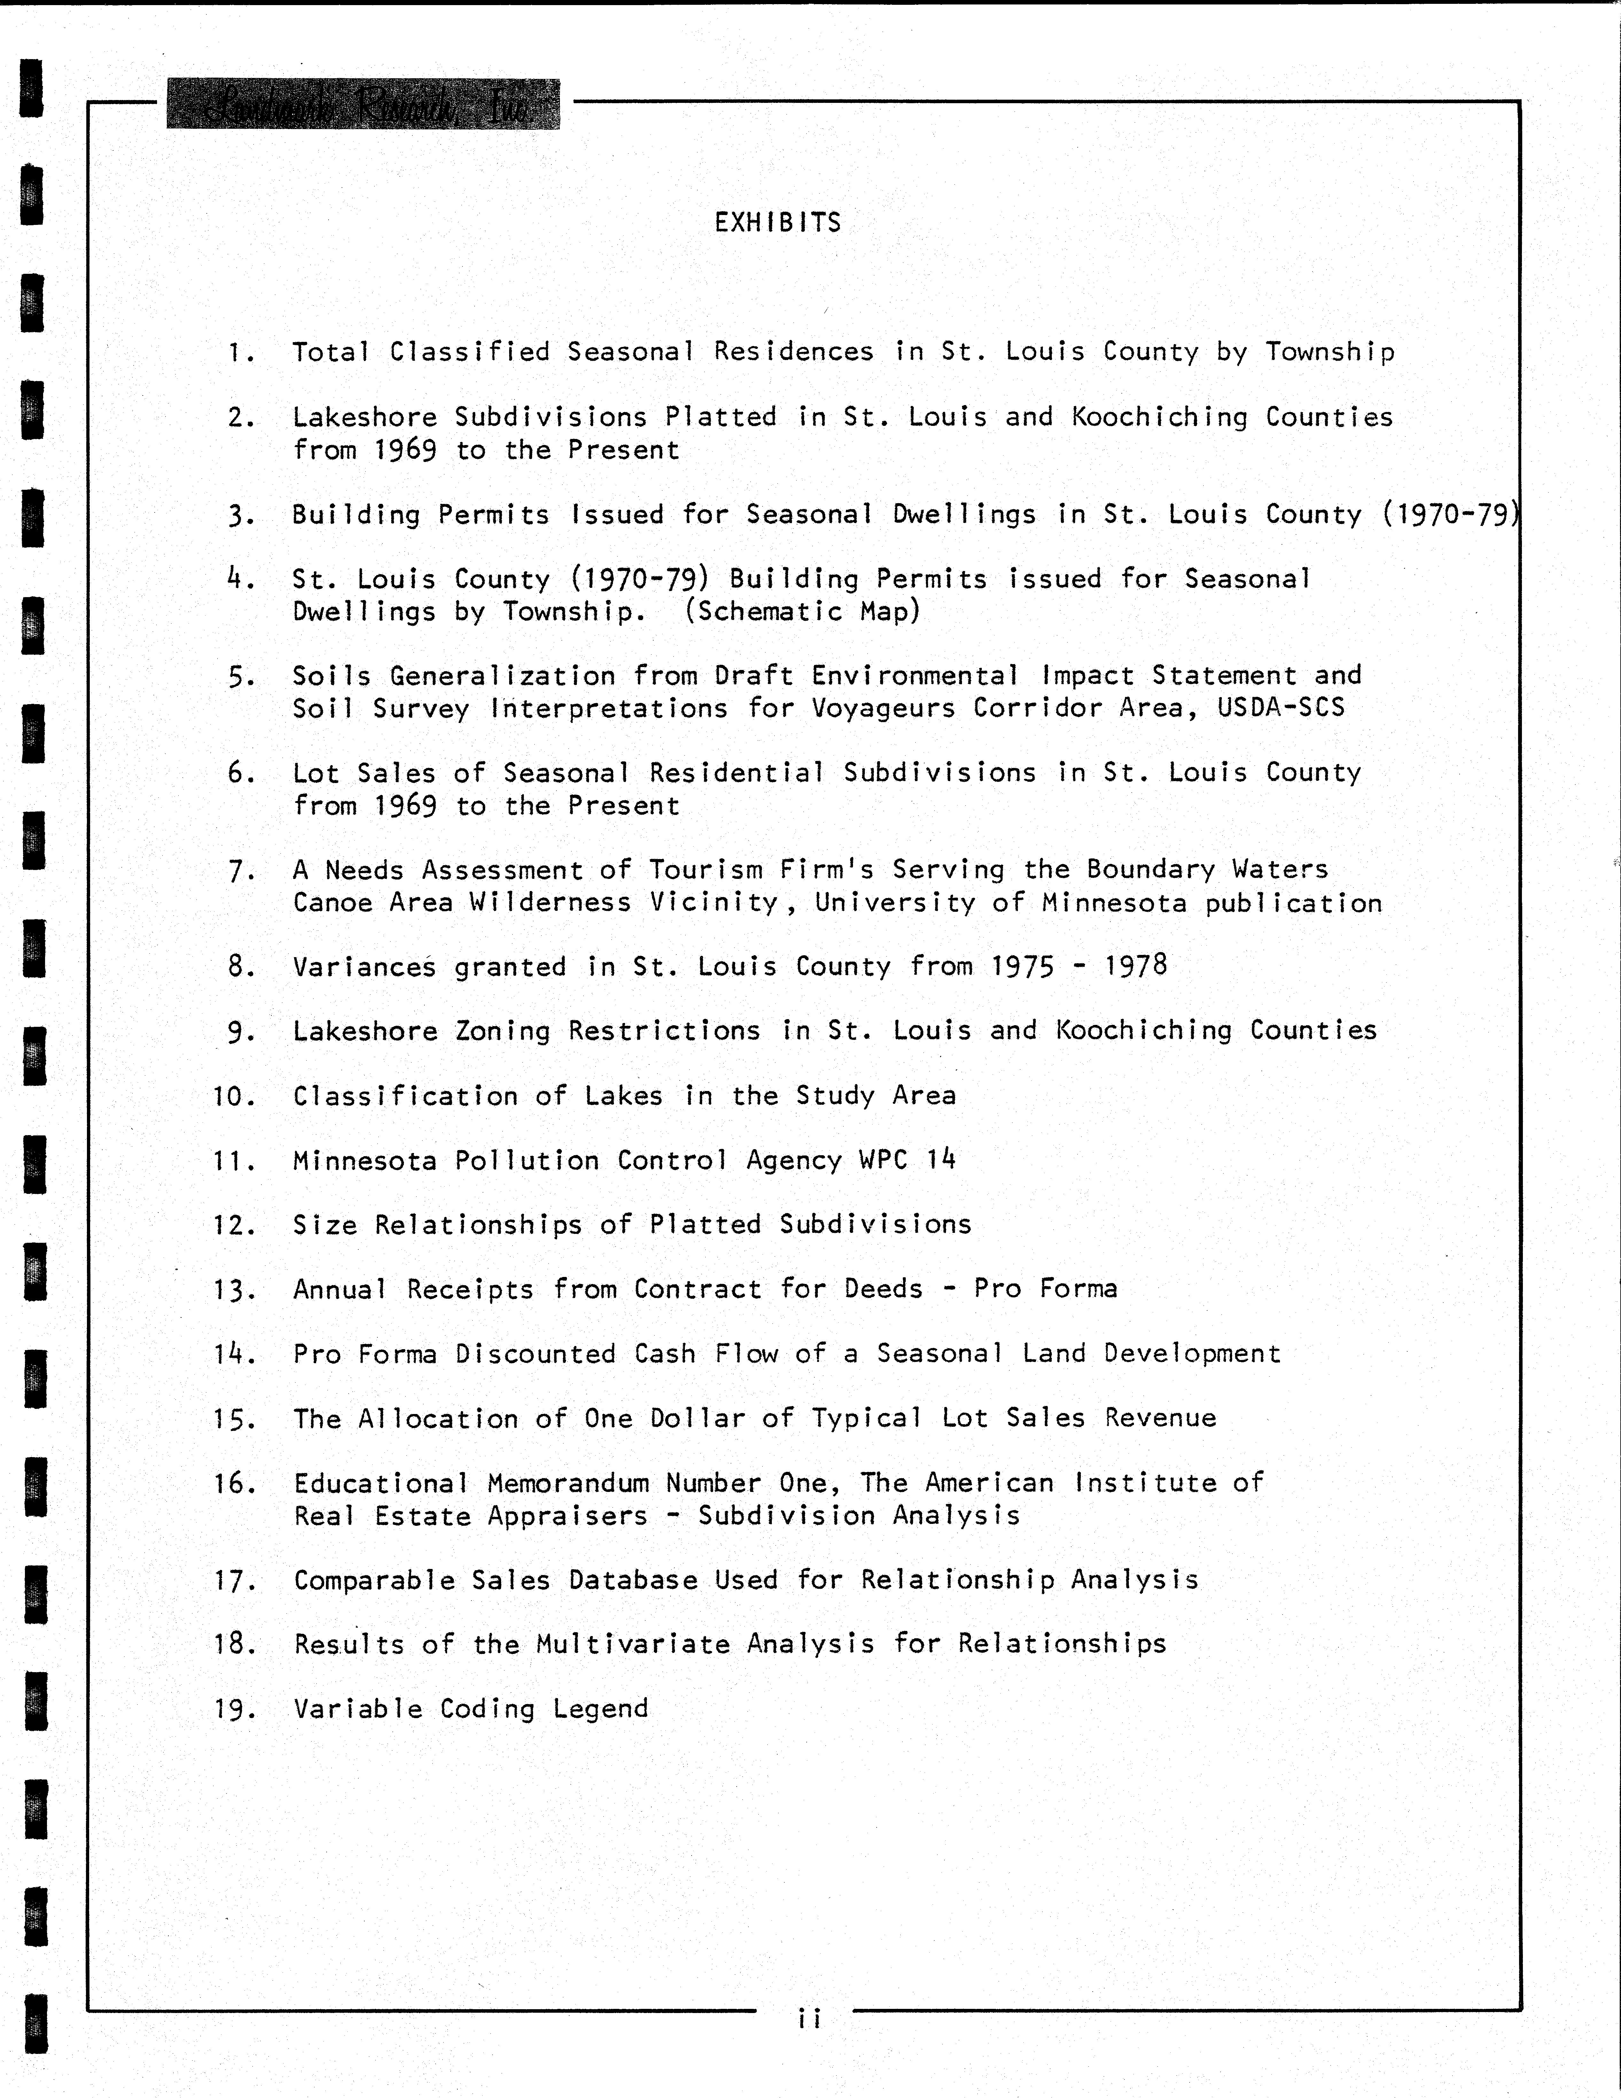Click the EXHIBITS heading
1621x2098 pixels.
point(777,223)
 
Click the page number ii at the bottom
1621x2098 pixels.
point(809,2018)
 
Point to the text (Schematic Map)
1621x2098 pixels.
point(802,612)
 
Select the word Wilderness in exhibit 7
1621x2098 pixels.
point(551,903)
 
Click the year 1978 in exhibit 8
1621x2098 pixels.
point(1136,965)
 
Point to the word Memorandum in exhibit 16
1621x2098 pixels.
point(568,1483)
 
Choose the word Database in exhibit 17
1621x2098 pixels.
point(633,1580)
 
